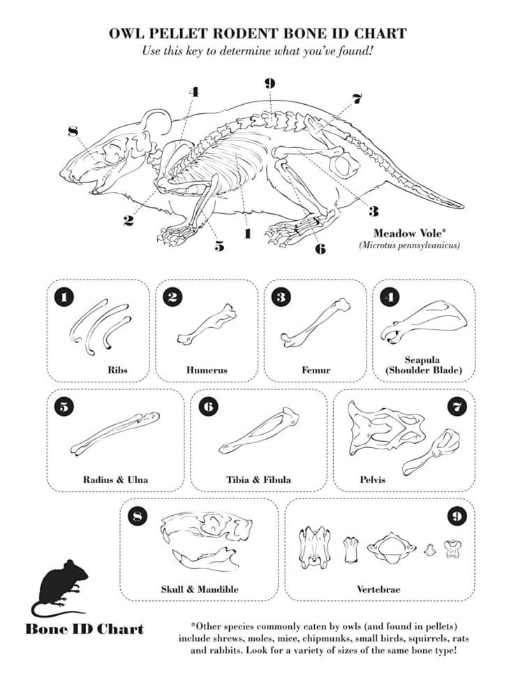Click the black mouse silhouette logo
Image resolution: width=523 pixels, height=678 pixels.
pyautogui.click(x=62, y=586)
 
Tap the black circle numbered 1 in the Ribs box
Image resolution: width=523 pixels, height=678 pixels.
pyautogui.click(x=64, y=297)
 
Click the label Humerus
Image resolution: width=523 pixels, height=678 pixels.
pyautogui.click(x=207, y=370)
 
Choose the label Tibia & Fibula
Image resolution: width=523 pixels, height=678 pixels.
pyautogui.click(x=258, y=479)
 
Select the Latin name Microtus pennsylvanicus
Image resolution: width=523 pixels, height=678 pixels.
pyautogui.click(x=409, y=245)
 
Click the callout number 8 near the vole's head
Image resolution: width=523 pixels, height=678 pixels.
pyautogui.click(x=72, y=131)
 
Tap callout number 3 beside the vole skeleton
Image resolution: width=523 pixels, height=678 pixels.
pyautogui.click(x=374, y=210)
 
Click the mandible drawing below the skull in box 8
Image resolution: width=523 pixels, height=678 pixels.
pyautogui.click(x=205, y=558)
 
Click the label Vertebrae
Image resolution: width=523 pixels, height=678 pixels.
pyautogui.click(x=378, y=589)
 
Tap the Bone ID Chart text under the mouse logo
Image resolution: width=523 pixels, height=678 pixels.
pyautogui.click(x=84, y=628)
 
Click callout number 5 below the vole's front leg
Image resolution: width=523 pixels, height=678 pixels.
pyautogui.click(x=219, y=245)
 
